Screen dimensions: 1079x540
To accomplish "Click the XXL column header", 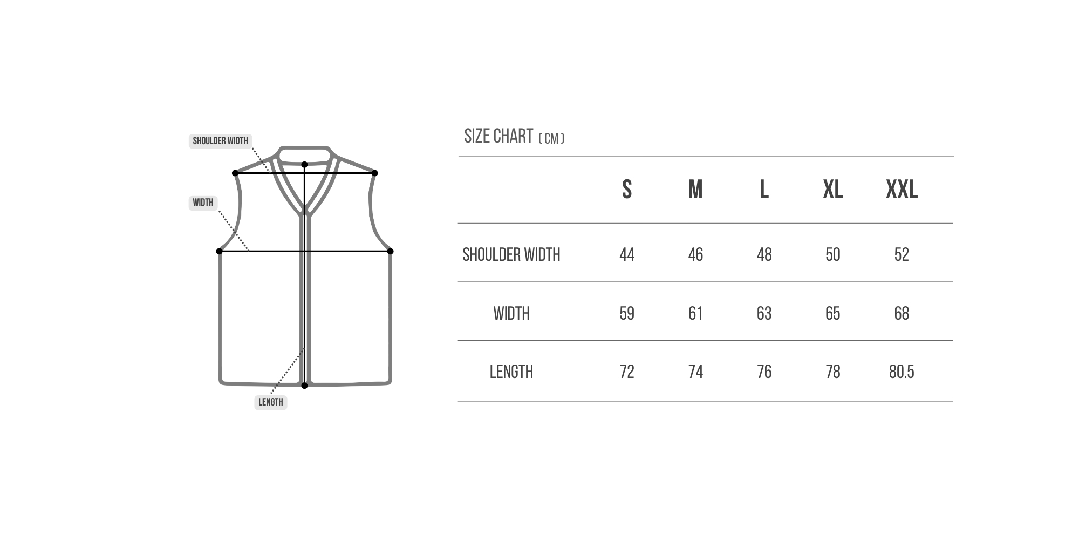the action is pyautogui.click(x=902, y=190).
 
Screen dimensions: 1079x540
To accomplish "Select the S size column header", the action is pyautogui.click(x=627, y=190).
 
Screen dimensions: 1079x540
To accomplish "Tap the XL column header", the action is pyautogui.click(x=833, y=190).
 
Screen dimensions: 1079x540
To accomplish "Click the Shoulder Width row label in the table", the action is pyautogui.click(x=511, y=254).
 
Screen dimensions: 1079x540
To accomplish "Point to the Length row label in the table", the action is pyautogui.click(x=511, y=372).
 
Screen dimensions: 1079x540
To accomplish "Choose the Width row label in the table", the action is pyautogui.click(x=511, y=313).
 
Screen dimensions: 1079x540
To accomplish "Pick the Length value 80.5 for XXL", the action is pyautogui.click(x=902, y=372).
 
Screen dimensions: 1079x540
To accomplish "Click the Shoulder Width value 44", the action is pyautogui.click(x=627, y=254).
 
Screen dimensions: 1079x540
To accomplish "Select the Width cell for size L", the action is pyautogui.click(x=764, y=313).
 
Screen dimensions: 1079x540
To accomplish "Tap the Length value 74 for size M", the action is pyautogui.click(x=695, y=372).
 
